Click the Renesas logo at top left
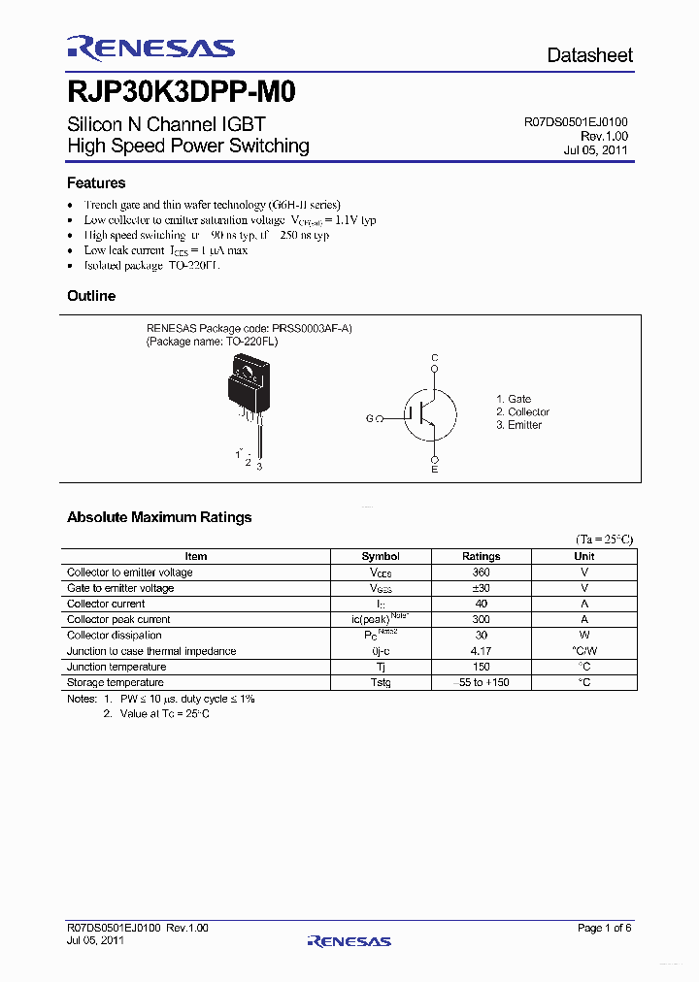point(150,49)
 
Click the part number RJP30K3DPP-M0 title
point(182,94)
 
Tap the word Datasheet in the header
point(589,55)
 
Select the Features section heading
point(96,182)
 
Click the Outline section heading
point(91,296)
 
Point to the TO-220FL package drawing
point(247,393)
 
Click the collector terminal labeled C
point(435,359)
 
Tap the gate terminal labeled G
point(369,418)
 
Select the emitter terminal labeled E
point(434,470)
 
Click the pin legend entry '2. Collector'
point(522,412)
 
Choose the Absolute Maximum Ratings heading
point(159,517)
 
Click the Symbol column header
point(381,556)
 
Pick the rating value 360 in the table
point(482,573)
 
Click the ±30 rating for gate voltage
point(482,588)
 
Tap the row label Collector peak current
point(118,619)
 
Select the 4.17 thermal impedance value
point(482,651)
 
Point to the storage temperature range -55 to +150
point(482,682)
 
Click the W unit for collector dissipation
point(584,636)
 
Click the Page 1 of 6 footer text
point(604,929)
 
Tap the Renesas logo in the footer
point(349,940)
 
